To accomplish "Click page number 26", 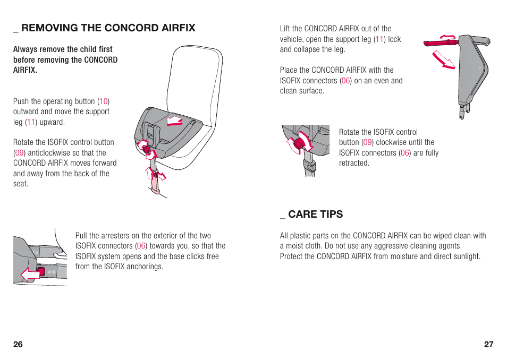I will (x=18, y=344).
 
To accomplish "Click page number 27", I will (x=488, y=344).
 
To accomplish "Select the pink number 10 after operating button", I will (x=104, y=101).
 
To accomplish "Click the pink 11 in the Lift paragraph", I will (x=379, y=39).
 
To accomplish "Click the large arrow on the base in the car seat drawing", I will (x=174, y=120).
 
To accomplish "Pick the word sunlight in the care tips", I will (x=465, y=256).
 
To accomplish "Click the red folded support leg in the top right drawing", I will (x=442, y=44).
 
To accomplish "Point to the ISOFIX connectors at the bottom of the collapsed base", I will (x=465, y=111).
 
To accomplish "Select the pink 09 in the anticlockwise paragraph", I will (x=20, y=153).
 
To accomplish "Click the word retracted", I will (x=354, y=163).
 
